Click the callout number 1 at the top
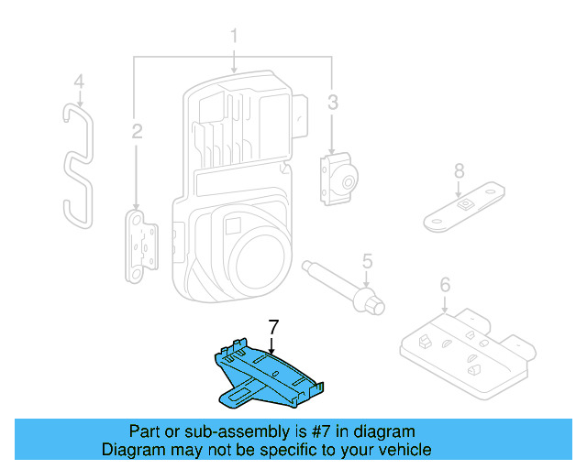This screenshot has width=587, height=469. pyautogui.click(x=234, y=38)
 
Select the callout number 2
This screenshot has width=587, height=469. pyautogui.click(x=137, y=132)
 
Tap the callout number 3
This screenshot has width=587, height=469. pyautogui.click(x=333, y=100)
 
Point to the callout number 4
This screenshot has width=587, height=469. pyautogui.click(x=79, y=82)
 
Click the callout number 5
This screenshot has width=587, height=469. pyautogui.click(x=367, y=261)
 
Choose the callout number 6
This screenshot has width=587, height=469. pyautogui.click(x=445, y=286)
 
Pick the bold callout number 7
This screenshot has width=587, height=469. pyautogui.click(x=272, y=326)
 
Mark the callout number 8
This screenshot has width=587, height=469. pyautogui.click(x=459, y=169)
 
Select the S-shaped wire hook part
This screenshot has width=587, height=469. pyautogui.click(x=79, y=165)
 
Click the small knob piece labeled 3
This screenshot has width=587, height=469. pyautogui.click(x=338, y=178)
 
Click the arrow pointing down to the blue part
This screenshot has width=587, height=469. pyautogui.click(x=272, y=344)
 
